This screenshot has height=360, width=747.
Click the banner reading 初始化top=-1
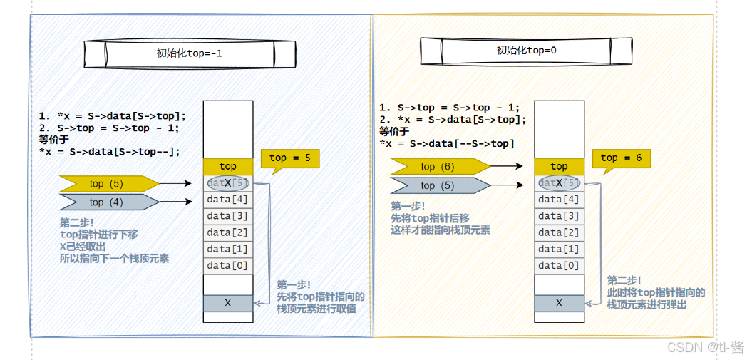click(x=190, y=53)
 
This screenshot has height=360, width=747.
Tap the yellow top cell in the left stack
click(x=228, y=166)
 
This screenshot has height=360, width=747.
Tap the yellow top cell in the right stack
click(x=559, y=166)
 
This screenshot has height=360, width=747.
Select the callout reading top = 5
click(x=289, y=158)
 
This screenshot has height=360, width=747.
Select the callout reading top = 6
click(x=619, y=158)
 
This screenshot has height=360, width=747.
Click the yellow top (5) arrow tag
click(x=107, y=183)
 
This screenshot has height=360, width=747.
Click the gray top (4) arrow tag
click(x=107, y=202)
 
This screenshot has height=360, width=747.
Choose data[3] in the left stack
click(x=228, y=216)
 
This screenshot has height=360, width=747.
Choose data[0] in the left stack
click(x=228, y=266)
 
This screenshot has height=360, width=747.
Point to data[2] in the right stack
click(x=559, y=232)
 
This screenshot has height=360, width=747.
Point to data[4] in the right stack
click(x=559, y=200)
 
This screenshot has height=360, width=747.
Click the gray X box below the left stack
click(x=228, y=303)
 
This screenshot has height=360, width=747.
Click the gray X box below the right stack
click(x=559, y=303)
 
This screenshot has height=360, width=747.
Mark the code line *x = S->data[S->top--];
click(x=110, y=151)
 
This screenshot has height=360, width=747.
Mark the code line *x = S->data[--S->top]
click(x=445, y=144)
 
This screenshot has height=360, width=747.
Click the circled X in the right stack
click(x=559, y=183)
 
